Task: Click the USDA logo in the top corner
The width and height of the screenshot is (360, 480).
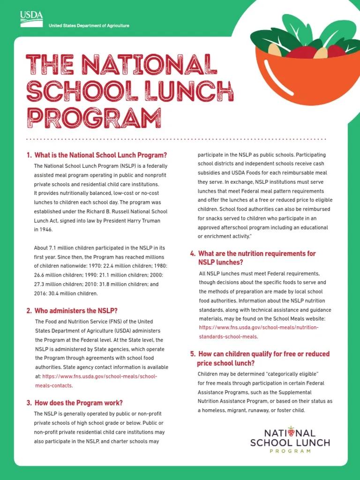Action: point(31,19)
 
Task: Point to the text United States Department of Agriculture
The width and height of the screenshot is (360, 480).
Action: point(89,26)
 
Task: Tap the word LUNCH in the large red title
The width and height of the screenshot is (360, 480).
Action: point(193,91)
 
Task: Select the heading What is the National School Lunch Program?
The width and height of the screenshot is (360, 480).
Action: point(101,155)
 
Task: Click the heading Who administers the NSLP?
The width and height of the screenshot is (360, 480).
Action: point(75,310)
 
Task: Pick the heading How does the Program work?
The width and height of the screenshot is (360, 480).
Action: point(78,403)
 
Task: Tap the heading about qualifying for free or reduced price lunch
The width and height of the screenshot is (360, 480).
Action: point(263,358)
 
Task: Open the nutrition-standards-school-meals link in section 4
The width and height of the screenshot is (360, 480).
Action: point(258,332)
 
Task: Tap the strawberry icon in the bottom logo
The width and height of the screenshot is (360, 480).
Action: point(291,430)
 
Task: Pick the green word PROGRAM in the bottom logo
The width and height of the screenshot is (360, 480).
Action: point(290,451)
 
